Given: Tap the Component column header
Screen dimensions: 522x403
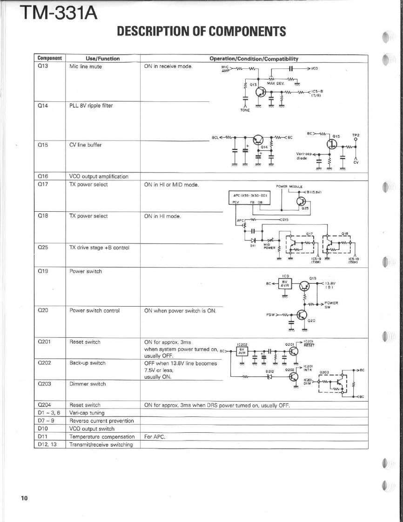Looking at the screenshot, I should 49,59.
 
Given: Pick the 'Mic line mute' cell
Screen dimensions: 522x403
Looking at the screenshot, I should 86,66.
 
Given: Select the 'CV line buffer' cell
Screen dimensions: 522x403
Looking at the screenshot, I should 87,144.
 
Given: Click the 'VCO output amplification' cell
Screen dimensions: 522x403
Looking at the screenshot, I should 98,176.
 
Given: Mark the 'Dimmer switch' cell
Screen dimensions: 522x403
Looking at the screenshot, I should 86,384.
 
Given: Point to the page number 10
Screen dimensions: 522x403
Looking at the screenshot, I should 24,499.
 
